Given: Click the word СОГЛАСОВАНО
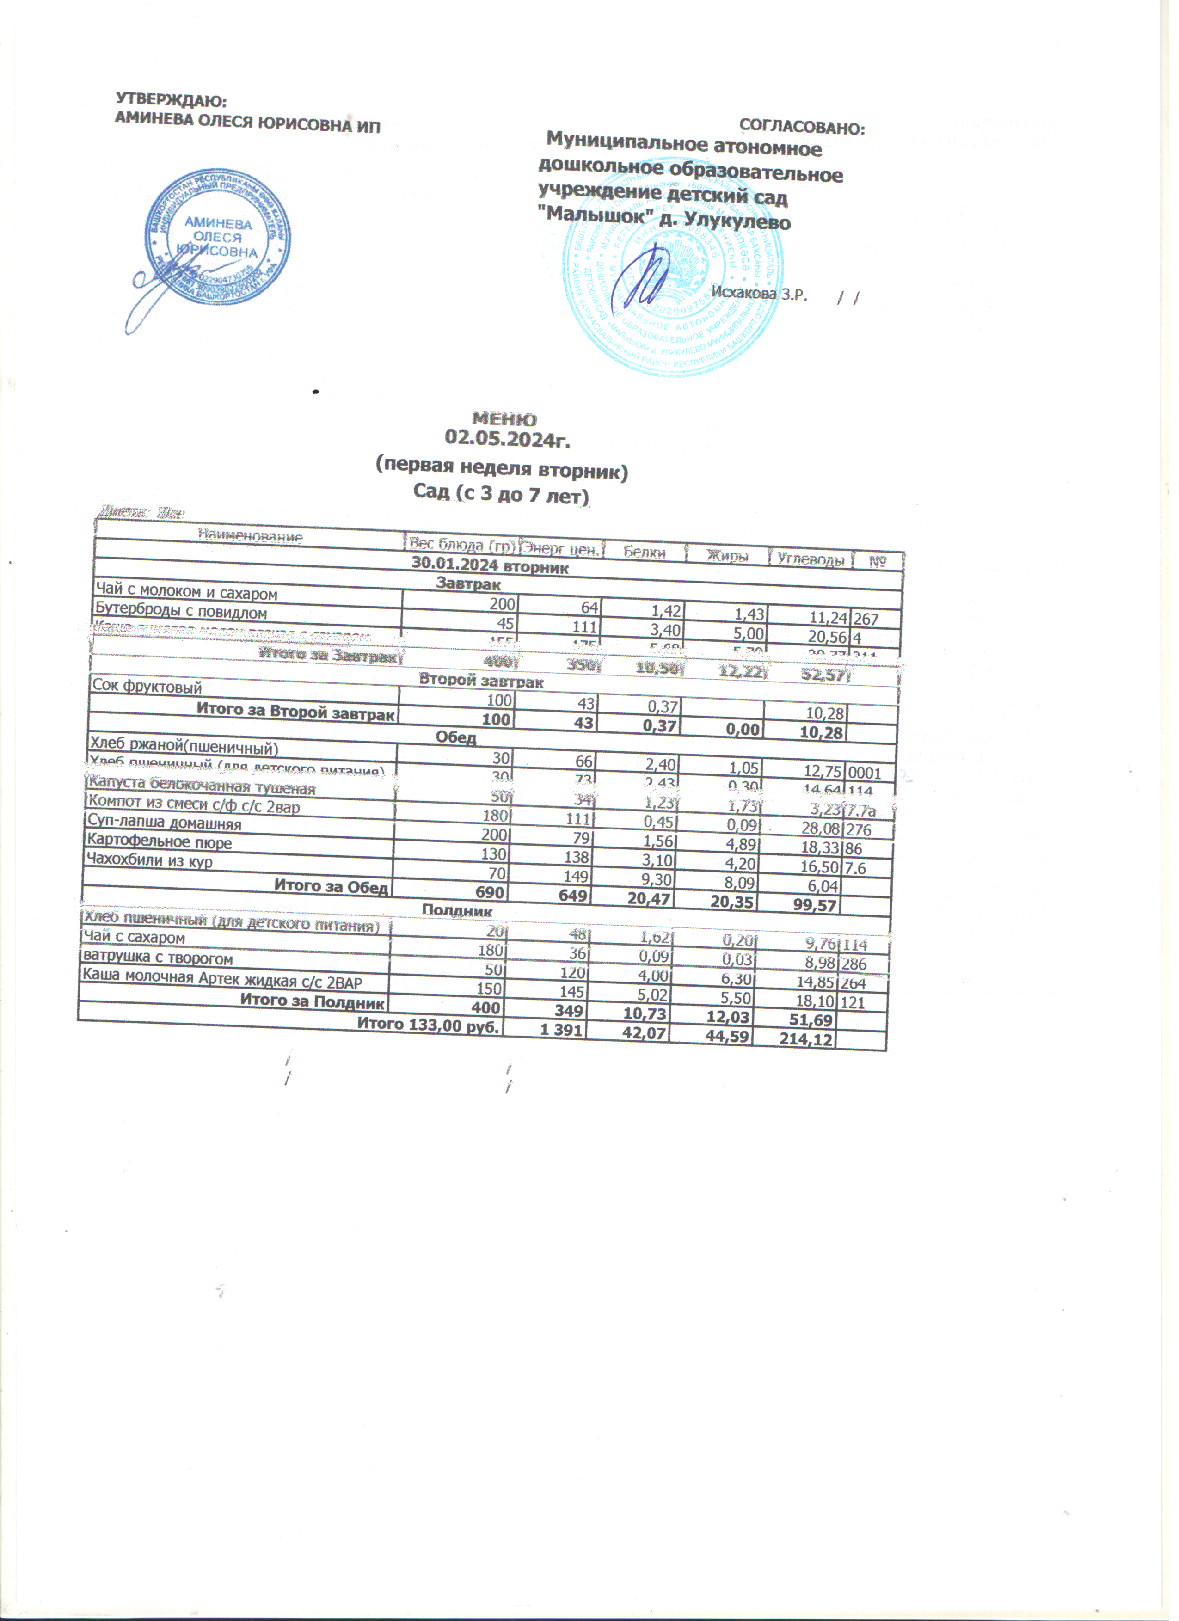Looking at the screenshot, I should point(802,128).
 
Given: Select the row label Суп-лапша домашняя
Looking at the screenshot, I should point(164,824).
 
